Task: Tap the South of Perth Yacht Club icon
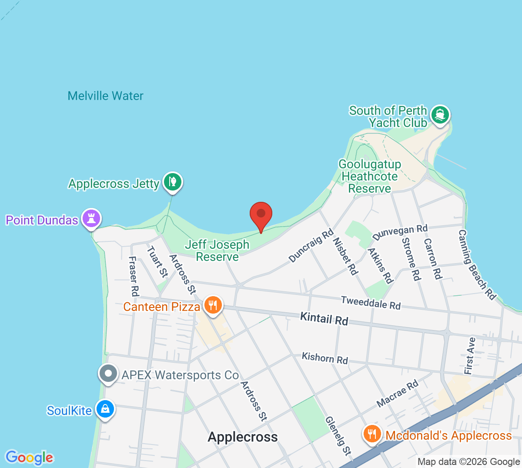tap(440, 115)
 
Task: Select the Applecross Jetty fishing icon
tap(173, 182)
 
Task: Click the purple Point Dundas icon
tap(91, 218)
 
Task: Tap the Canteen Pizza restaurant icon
tap(212, 305)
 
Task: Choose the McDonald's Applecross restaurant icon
tap(372, 434)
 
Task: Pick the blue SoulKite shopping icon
tap(105, 409)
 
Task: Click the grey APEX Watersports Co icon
tap(108, 374)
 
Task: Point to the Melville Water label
tap(106, 96)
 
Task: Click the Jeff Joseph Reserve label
tap(217, 251)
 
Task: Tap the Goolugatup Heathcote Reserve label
tap(370, 176)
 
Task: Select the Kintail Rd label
tap(324, 319)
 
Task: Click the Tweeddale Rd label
tap(371, 303)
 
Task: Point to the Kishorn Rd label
tap(325, 358)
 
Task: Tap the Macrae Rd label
tap(398, 394)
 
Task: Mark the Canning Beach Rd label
tap(477, 265)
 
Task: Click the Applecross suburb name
tap(243, 437)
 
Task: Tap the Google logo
tap(29, 458)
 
